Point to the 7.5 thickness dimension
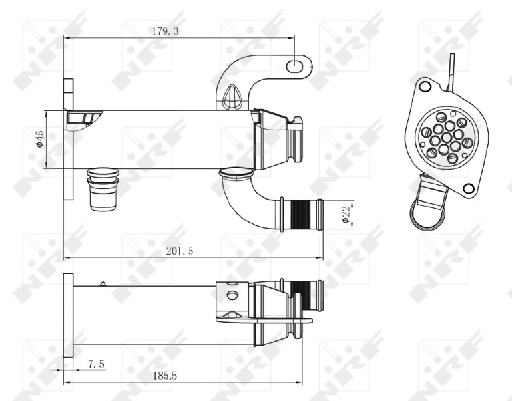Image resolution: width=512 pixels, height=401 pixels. click(95, 364)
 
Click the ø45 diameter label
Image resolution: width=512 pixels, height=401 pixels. click(40, 138)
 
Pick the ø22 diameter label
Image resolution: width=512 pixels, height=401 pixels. click(344, 214)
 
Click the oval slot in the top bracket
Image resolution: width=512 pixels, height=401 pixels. click(294, 65)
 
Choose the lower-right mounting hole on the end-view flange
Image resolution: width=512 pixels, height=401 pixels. click(468, 188)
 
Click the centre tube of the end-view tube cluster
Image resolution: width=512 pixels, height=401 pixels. click(446, 138)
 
